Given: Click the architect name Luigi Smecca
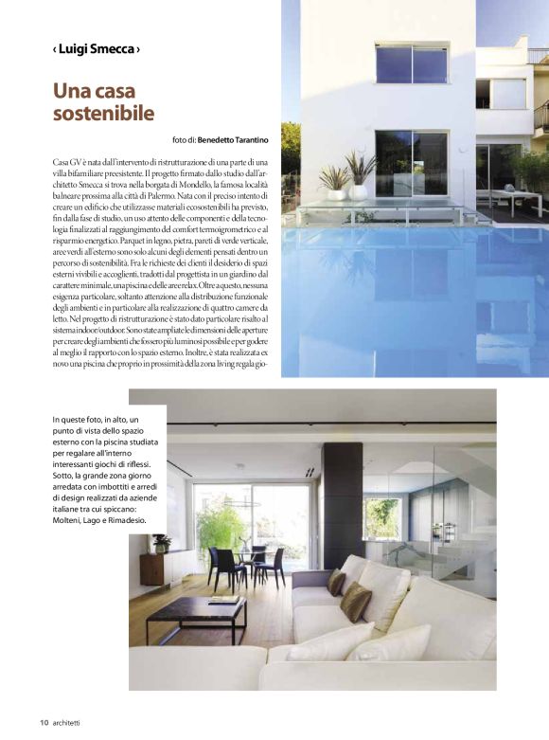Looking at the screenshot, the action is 97,47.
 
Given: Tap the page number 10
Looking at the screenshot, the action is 44,722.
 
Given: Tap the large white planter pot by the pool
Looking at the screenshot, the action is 359,191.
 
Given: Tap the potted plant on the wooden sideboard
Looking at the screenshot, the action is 161,543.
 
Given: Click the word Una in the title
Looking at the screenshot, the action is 71,92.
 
